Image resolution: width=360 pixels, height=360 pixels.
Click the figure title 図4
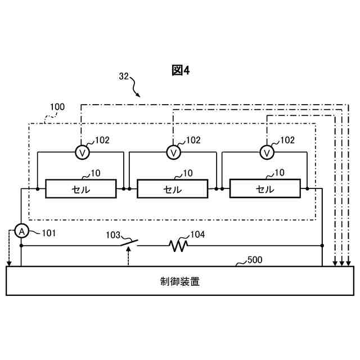tap(181, 70)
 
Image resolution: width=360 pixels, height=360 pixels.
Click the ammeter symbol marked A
tap(21, 231)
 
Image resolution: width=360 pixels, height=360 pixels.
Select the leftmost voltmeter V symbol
tap(82, 152)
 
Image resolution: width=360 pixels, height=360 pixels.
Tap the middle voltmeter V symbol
tap(174, 152)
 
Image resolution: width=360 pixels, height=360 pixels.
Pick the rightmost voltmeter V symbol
tap(267, 152)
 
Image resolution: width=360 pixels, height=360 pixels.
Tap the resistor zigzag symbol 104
tap(179, 245)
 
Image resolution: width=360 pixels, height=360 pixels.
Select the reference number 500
tap(254, 260)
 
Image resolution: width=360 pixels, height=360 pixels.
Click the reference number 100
tap(57, 106)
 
